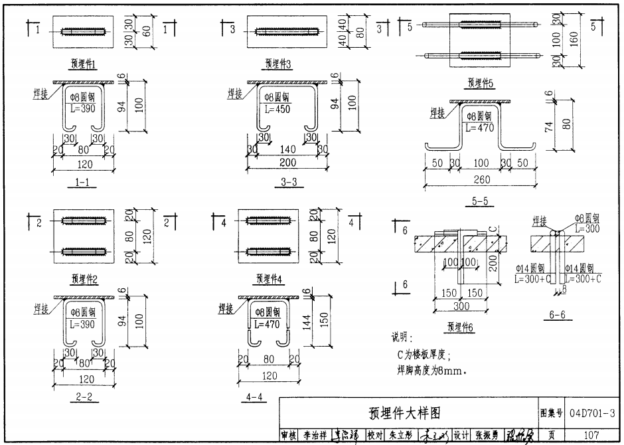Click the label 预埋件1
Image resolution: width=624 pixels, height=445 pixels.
84,64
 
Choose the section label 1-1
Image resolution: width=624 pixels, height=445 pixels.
82,182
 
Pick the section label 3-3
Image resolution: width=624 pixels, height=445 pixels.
287,182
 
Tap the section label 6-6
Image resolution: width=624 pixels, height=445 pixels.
561,315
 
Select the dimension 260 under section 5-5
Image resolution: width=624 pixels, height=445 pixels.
483,180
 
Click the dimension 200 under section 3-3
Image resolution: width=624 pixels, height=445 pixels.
287,163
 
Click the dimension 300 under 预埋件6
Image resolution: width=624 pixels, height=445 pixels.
462,306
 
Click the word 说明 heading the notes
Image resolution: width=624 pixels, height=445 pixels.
403,338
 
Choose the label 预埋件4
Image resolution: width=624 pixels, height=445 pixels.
270,278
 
